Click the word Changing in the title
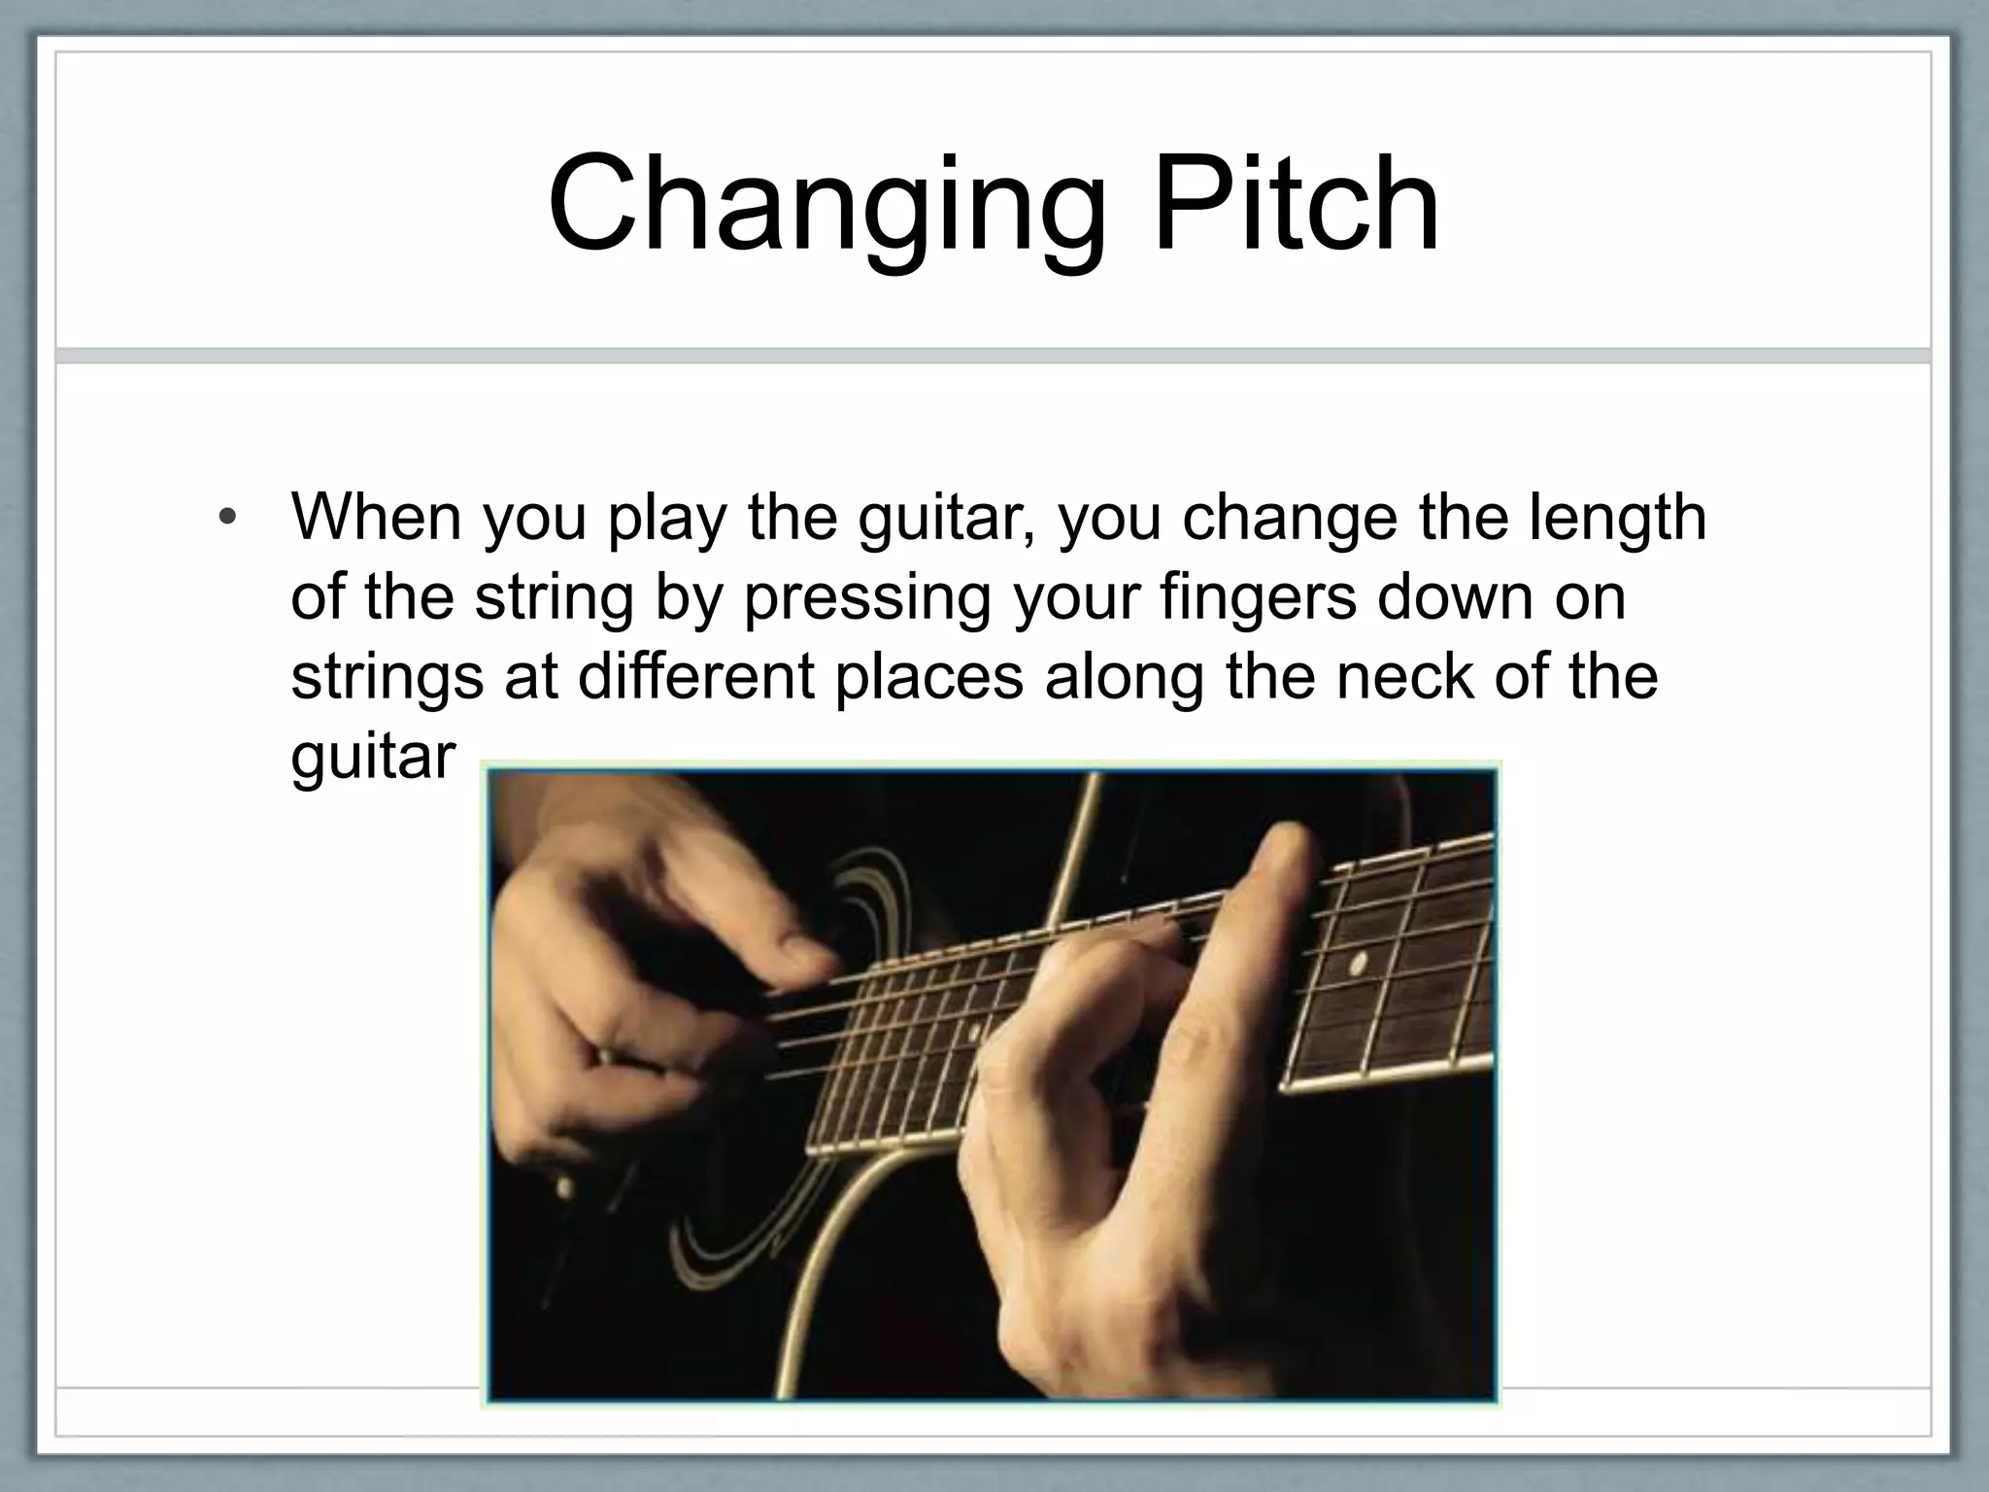point(826,206)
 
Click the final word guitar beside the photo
point(373,758)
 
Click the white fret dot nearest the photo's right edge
point(1358,964)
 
